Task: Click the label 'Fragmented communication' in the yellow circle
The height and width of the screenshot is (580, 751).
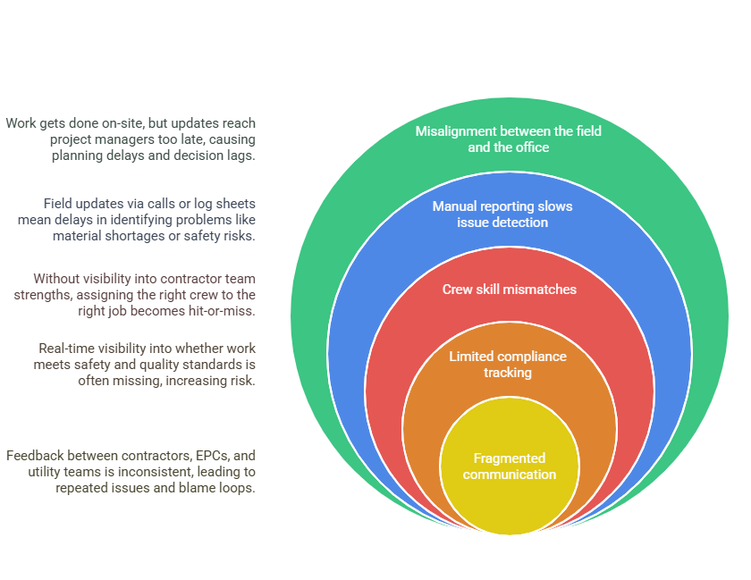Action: (x=509, y=466)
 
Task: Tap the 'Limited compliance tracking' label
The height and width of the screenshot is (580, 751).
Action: (x=508, y=364)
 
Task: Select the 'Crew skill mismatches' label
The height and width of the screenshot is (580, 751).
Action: (x=509, y=290)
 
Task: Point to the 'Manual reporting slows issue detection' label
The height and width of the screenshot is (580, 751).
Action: (x=502, y=214)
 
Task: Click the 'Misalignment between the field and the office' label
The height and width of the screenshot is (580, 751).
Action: (x=508, y=139)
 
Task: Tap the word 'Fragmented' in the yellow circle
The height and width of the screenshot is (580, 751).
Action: (x=510, y=458)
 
